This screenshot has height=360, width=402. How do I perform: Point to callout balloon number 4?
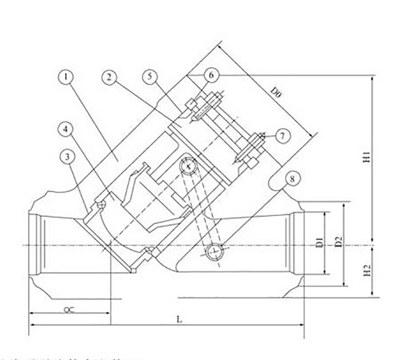(x=66, y=129)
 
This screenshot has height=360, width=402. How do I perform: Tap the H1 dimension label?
(x=367, y=158)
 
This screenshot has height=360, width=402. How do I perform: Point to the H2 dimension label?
(x=367, y=272)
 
